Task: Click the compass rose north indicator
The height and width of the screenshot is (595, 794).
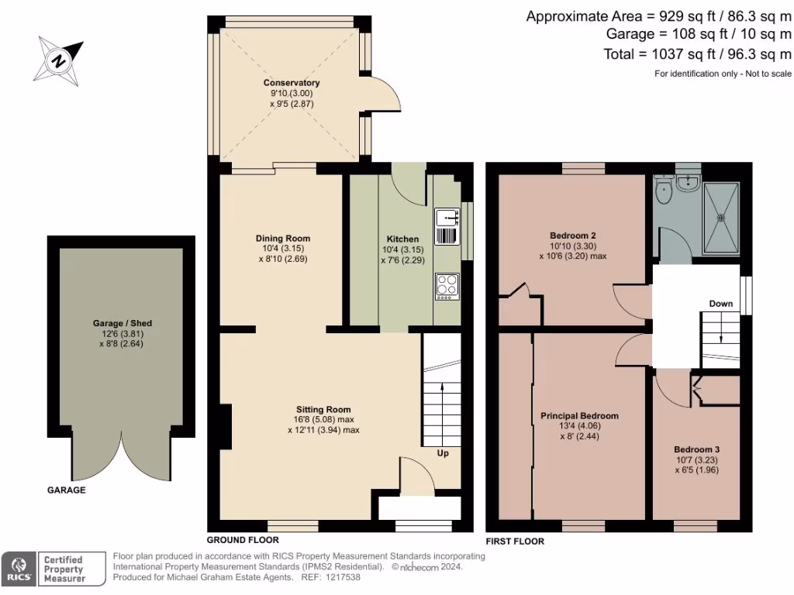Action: [58, 59]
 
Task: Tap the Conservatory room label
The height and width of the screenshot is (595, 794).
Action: [292, 83]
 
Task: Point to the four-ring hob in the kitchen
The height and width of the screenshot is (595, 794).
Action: [447, 286]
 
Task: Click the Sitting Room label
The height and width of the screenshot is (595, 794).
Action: [323, 409]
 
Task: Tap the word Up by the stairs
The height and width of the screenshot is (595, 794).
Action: [443, 453]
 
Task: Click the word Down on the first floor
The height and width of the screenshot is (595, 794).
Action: [720, 304]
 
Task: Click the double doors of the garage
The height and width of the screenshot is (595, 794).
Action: [121, 457]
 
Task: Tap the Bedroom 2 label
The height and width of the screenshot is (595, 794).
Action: [572, 236]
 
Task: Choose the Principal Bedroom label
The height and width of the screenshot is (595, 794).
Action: [579, 416]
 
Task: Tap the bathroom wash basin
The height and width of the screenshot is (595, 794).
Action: [687, 182]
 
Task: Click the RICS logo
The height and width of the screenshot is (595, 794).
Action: [18, 568]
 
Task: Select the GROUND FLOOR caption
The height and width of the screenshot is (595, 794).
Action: [242, 540]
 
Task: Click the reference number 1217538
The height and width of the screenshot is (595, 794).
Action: [342, 576]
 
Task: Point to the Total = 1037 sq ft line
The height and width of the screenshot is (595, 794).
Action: [697, 53]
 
